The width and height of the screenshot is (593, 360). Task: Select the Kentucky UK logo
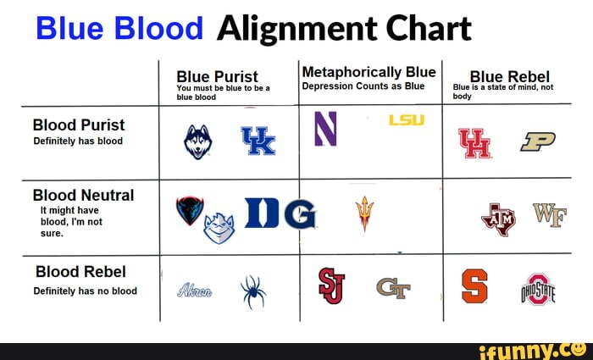(x=258, y=140)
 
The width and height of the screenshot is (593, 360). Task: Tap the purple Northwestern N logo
(x=324, y=127)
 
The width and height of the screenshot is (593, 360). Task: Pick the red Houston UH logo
(x=474, y=142)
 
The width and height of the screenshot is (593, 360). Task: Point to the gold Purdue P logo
(x=537, y=142)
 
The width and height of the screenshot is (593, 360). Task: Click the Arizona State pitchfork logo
(x=364, y=213)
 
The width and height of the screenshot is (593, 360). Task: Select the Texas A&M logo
(x=497, y=219)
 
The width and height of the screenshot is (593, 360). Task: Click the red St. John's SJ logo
(x=330, y=285)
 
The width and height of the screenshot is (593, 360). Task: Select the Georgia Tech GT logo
(x=394, y=290)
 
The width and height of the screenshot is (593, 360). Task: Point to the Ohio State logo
(x=539, y=289)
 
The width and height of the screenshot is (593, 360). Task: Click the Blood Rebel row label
(x=80, y=272)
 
